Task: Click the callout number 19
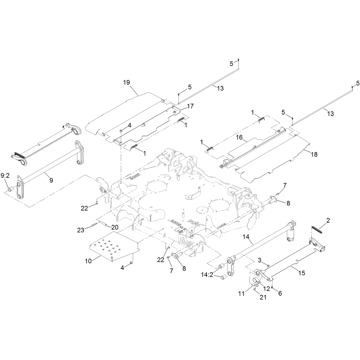click(x=126, y=82)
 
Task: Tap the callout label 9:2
click(x=5, y=176)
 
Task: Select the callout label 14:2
click(x=207, y=275)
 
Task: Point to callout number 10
click(x=88, y=261)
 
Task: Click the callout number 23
click(x=81, y=230)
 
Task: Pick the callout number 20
click(x=115, y=227)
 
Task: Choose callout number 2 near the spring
click(x=328, y=220)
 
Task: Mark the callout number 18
click(x=314, y=154)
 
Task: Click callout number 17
click(x=190, y=106)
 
